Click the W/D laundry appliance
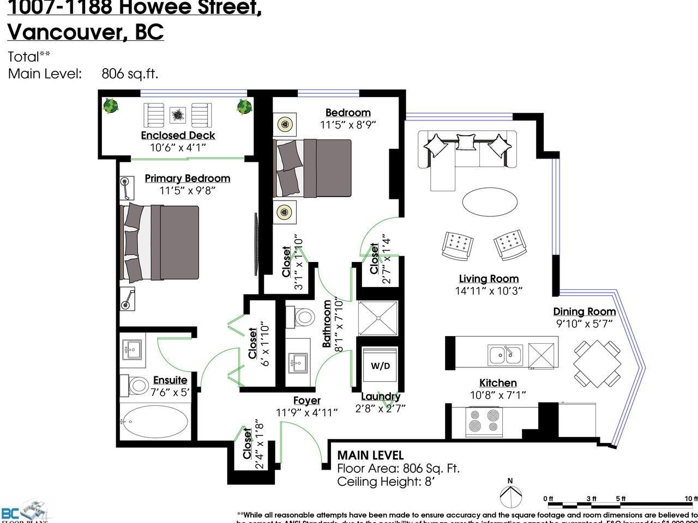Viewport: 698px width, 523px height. [x=380, y=366]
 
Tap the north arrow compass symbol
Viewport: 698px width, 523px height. [x=510, y=496]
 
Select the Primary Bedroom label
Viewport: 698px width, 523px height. [x=187, y=179]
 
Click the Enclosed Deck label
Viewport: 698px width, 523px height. [x=178, y=136]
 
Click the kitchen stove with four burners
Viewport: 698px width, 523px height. [x=484, y=420]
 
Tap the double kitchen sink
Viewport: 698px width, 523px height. [x=505, y=355]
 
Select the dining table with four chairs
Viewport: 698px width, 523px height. [x=597, y=362]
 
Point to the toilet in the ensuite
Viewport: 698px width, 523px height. [x=137, y=385]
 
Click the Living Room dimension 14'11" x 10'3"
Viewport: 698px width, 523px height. [x=489, y=291]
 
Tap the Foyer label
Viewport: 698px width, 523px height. [x=306, y=401]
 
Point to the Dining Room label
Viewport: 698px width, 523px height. [x=584, y=312]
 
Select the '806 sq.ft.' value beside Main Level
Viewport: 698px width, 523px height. [x=130, y=74]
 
